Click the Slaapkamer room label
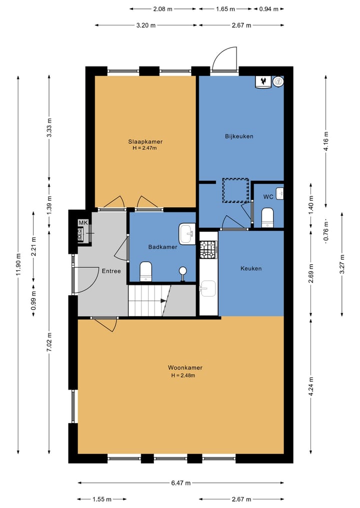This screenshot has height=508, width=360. tap(145, 141)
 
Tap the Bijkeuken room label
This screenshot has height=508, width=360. tap(239, 136)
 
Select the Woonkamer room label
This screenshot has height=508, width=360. tap(185, 368)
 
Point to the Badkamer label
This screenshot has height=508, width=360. tap(163, 247)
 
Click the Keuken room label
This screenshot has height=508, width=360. tap(251, 269)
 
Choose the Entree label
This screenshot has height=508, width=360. tap(111, 271)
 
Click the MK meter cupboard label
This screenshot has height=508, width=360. tap(83, 223)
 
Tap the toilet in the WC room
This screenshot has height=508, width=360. tap(267, 217)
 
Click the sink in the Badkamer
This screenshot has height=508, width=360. tap(187, 233)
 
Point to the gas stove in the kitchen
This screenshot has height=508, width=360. tap(208, 250)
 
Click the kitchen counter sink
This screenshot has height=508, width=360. tap(207, 288)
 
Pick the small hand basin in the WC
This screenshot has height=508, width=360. tap(279, 193)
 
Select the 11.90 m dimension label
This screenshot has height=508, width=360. tap(18, 265)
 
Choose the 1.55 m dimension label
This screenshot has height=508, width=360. tap(102, 499)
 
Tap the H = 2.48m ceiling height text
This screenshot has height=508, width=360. tap(183, 376)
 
